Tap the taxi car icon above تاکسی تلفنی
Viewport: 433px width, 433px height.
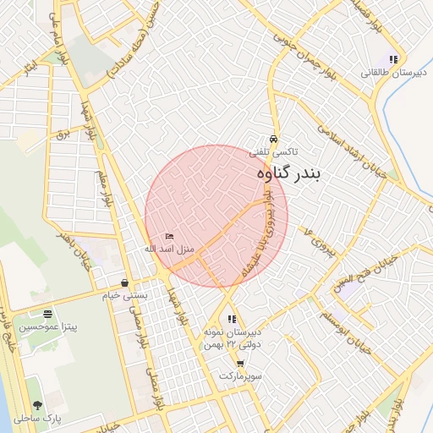coord(272,140)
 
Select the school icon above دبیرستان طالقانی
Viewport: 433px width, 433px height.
coord(393,59)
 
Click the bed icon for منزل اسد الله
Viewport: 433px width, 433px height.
coord(169,236)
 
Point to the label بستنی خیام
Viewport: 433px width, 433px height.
coord(125,296)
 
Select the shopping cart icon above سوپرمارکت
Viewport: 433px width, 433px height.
coord(240,364)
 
